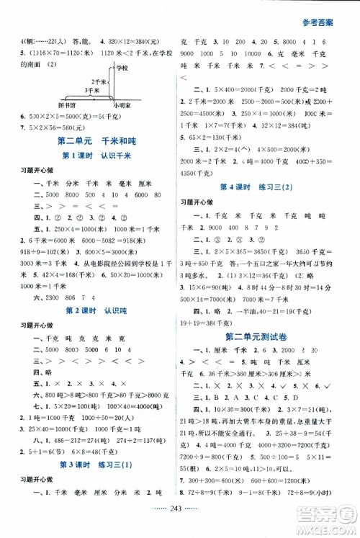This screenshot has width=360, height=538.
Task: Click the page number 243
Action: [x=180, y=526]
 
